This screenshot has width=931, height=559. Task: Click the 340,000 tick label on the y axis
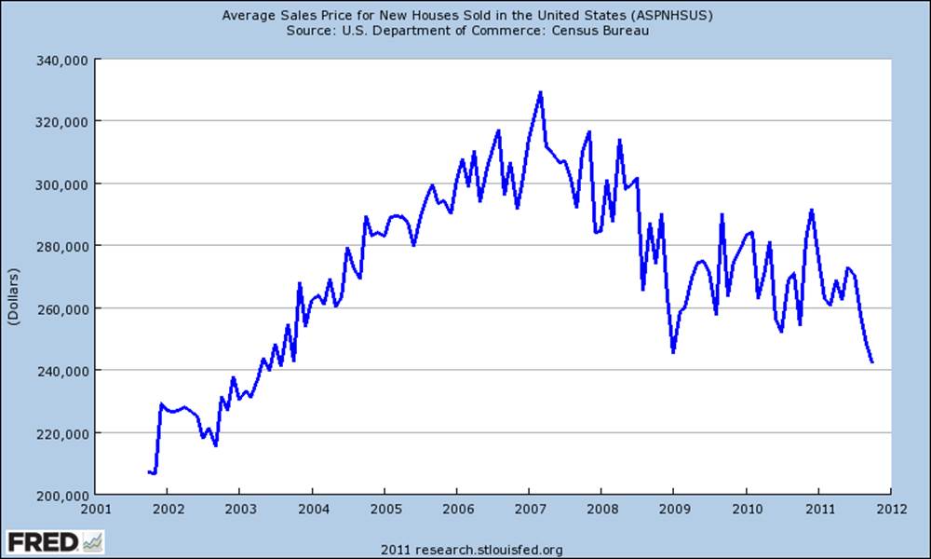[62, 59]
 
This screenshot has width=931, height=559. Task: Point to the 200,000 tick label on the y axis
[62, 495]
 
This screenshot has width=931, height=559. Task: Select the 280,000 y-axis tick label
[62, 246]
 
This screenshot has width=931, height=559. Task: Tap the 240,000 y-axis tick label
[62, 371]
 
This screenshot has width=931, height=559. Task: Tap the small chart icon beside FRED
[93, 541]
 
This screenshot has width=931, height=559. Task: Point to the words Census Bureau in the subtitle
[600, 31]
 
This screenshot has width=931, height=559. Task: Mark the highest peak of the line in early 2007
[540, 92]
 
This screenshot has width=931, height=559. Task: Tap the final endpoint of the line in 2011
[872, 362]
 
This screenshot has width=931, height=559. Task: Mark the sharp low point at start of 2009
[673, 352]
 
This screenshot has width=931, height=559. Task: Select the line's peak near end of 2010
[812, 210]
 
